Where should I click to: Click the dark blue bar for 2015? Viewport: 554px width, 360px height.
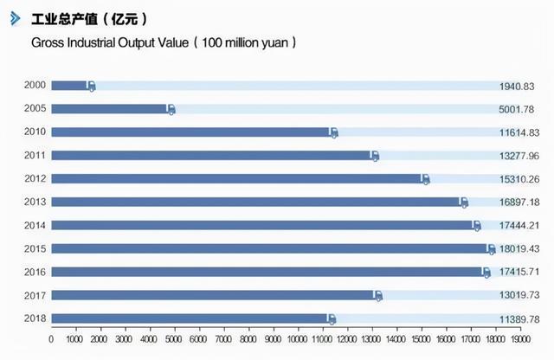coord(268,248)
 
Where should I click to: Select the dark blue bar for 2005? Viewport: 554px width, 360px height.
coord(109,109)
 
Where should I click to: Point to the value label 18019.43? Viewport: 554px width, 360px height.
coord(517,249)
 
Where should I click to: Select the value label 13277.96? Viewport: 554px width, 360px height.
coord(517,157)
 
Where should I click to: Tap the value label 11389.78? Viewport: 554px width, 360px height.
coord(517,319)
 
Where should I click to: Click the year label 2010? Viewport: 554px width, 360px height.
coord(35,132)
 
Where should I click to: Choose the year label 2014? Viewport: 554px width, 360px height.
coord(35,225)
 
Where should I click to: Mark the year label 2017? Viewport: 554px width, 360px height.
coord(35,295)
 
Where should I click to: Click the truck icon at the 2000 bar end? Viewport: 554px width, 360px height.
coord(91,87)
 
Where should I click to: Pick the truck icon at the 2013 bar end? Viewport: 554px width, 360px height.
coord(463,202)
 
